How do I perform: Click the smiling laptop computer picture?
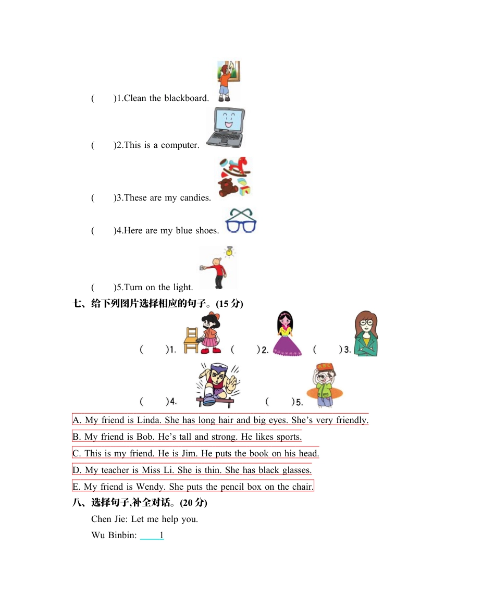(225, 128)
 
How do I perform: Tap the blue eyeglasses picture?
(240, 220)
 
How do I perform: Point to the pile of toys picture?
(234, 177)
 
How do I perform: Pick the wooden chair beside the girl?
(192, 340)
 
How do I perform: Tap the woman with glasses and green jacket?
(366, 334)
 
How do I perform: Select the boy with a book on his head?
(324, 385)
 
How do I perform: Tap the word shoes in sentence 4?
(207, 230)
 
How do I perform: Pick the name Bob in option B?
(144, 437)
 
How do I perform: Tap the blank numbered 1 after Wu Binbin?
(152, 535)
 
